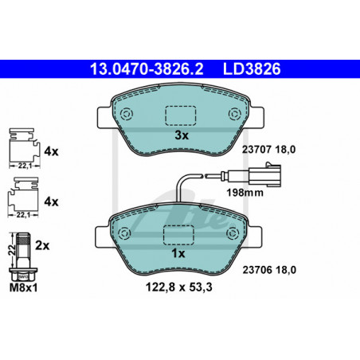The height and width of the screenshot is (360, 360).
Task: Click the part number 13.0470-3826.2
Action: [x=147, y=69]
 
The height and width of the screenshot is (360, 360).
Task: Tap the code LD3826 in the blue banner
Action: [x=252, y=69]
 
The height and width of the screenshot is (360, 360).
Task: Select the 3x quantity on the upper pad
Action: [x=182, y=135]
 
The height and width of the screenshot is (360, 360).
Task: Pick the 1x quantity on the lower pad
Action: [x=178, y=253]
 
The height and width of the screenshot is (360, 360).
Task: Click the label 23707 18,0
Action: [x=268, y=150]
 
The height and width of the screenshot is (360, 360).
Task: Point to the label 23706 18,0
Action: [x=269, y=270]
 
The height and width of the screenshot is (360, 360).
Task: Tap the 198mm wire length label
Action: [x=245, y=193]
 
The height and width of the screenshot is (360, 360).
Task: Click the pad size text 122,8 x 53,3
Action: [x=179, y=288]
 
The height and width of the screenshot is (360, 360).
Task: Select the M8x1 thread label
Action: [x=23, y=288]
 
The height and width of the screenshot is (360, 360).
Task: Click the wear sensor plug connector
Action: [x=264, y=174]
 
